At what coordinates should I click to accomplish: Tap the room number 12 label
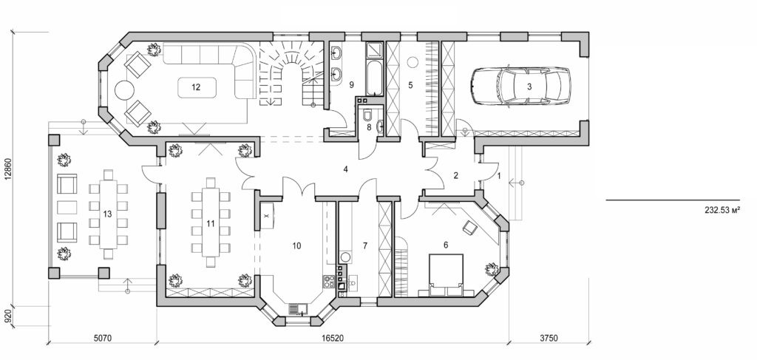[196, 87]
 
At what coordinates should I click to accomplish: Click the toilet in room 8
[367, 115]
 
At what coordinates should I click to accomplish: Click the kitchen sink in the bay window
[297, 308]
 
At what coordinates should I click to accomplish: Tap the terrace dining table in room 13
[107, 214]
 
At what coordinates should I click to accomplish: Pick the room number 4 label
[345, 169]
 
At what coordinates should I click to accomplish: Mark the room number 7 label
[364, 244]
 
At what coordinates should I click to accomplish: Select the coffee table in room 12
[196, 87]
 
